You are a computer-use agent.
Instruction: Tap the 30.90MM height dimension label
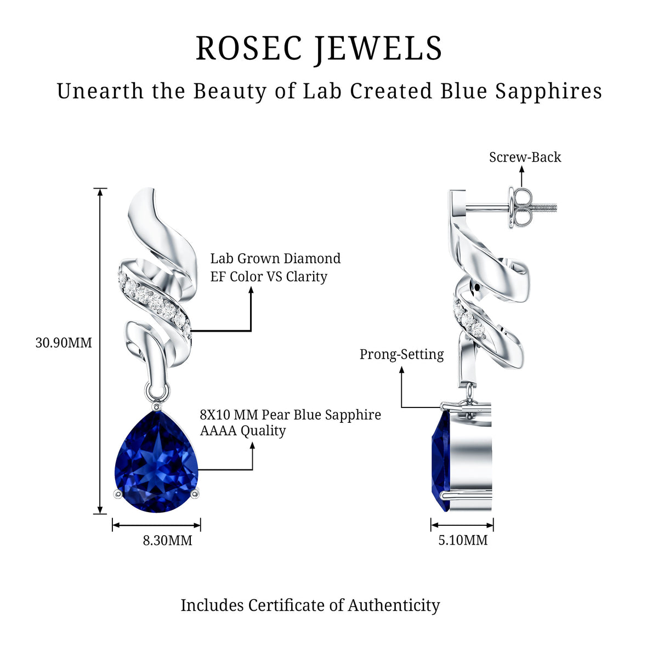[x=64, y=343]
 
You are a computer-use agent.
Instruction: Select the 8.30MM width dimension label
[x=167, y=541]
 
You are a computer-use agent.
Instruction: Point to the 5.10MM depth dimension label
[x=463, y=540]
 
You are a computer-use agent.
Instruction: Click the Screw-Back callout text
[x=525, y=157]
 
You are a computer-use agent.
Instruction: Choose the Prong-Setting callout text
[x=401, y=354]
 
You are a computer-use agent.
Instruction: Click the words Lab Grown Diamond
[x=275, y=258]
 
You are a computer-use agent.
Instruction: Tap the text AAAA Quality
[x=243, y=431]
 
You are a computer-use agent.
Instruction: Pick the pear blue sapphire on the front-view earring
[x=156, y=463]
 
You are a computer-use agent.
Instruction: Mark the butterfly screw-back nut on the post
[x=520, y=207]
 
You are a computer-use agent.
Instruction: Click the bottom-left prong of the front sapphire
[x=118, y=493]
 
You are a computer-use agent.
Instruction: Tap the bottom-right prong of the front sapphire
[x=195, y=493]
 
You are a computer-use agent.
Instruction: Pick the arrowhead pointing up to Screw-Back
[x=521, y=169]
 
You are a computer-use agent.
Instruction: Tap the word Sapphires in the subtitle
[x=548, y=92]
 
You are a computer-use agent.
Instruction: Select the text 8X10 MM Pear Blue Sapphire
[x=290, y=415]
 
